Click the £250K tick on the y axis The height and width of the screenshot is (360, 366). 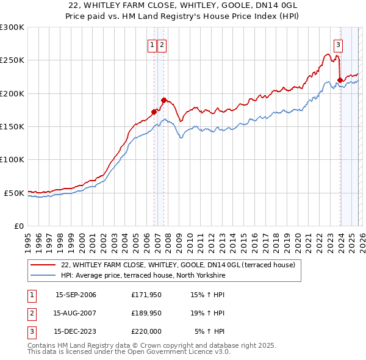coord(12,60)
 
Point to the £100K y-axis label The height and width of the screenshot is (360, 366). coord(12,160)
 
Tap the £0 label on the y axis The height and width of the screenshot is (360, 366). coord(18,226)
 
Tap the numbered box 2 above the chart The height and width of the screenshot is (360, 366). coord(162,45)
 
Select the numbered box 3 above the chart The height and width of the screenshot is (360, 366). coord(338,45)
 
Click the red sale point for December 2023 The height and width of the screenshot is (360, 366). coord(340,80)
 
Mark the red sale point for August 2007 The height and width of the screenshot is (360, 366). coord(163,100)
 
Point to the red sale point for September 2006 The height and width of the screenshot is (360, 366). coord(154,112)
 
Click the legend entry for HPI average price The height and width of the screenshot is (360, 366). coord(143,276)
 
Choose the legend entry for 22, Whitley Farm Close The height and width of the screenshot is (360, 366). coord(178,265)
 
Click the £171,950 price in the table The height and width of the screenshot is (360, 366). coord(146,295)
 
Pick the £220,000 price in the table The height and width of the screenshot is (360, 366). coord(146,332)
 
